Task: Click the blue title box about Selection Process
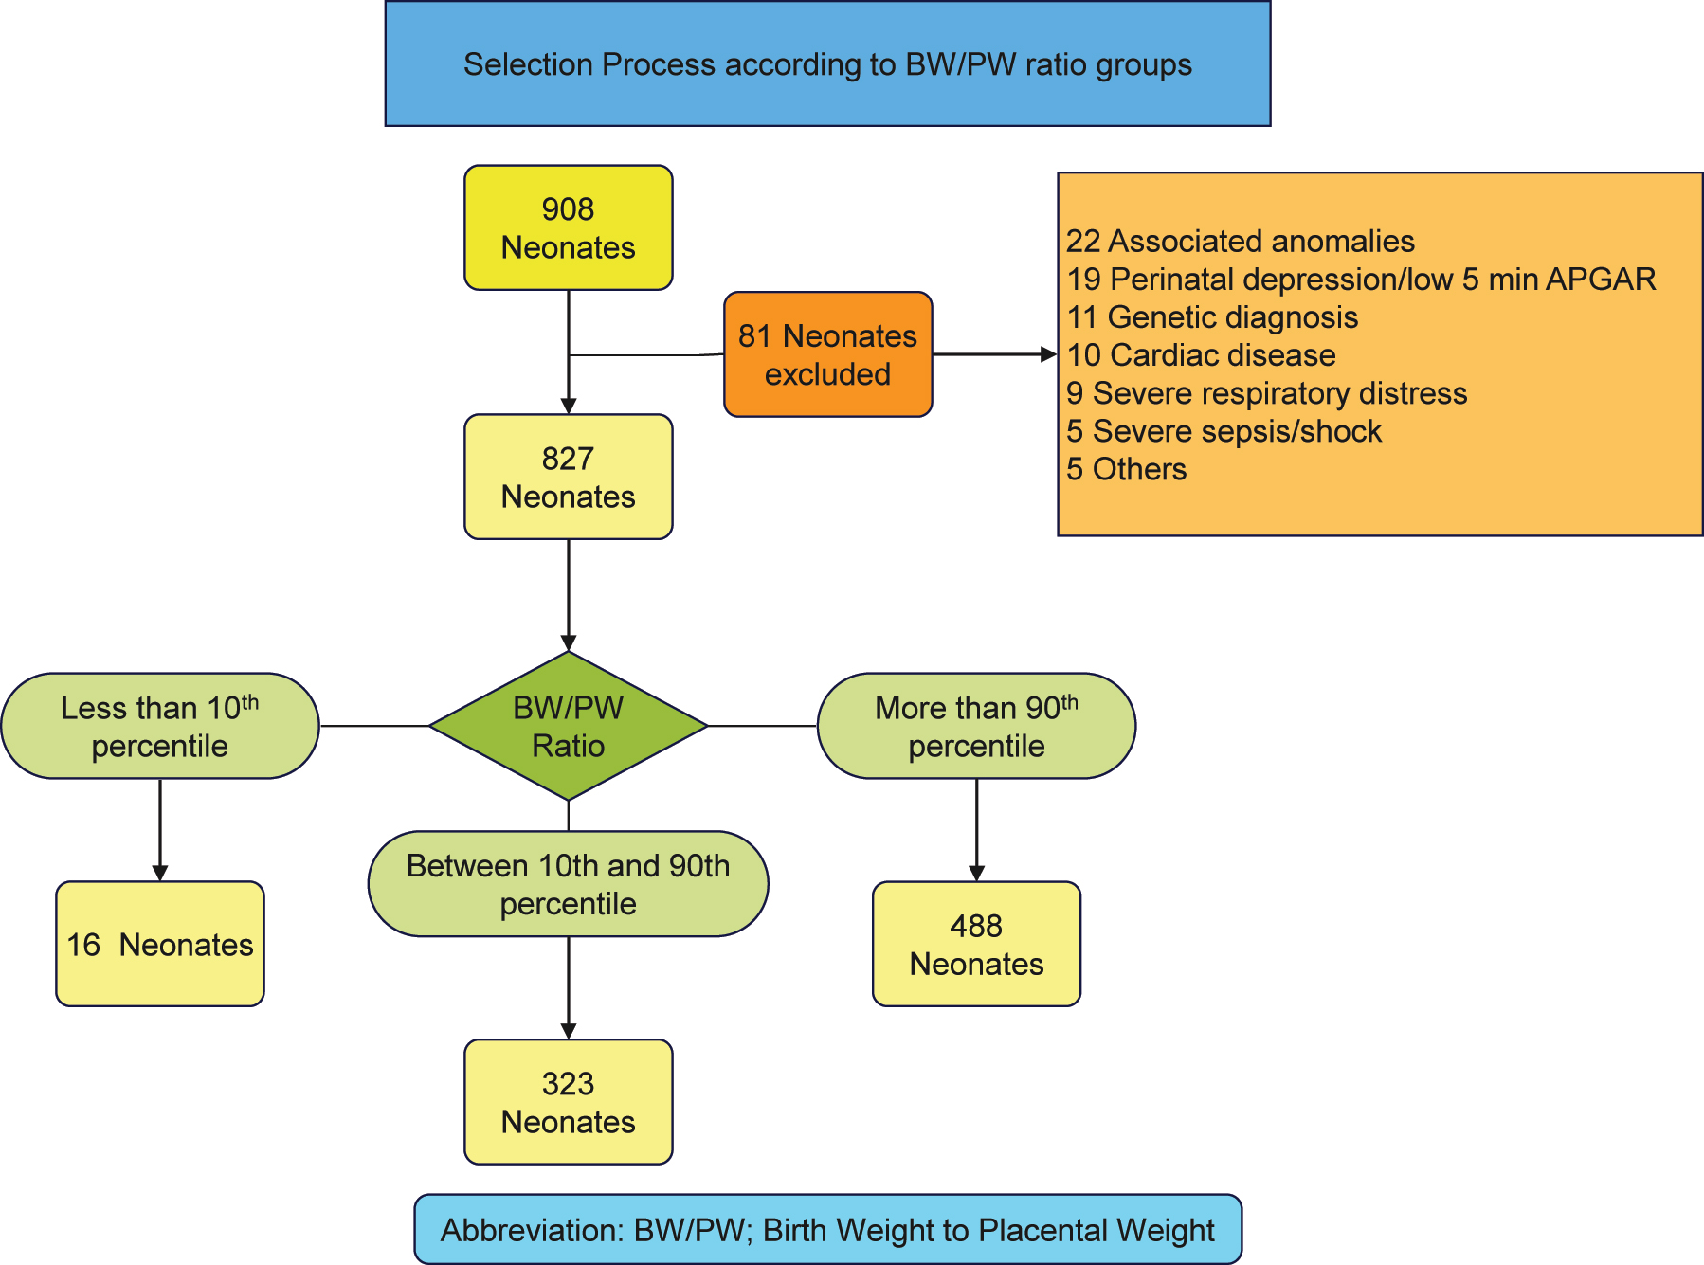[827, 63]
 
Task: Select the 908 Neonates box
[568, 227]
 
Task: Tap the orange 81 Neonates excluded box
[827, 354]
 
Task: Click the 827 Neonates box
[568, 477]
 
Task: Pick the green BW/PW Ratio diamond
[568, 726]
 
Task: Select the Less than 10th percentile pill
[159, 726]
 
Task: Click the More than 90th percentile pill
[976, 726]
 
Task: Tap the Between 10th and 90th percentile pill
[568, 884]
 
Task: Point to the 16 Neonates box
[159, 944]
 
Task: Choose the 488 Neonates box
[976, 944]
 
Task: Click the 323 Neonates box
[568, 1102]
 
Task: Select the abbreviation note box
[827, 1229]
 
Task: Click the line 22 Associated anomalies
[1240, 241]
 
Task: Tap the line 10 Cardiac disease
[1201, 355]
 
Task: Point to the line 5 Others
[1126, 469]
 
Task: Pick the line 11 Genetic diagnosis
[1212, 317]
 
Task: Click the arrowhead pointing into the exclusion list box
[1048, 354]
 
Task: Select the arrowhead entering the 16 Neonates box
[159, 873]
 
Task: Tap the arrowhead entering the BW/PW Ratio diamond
[568, 642]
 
